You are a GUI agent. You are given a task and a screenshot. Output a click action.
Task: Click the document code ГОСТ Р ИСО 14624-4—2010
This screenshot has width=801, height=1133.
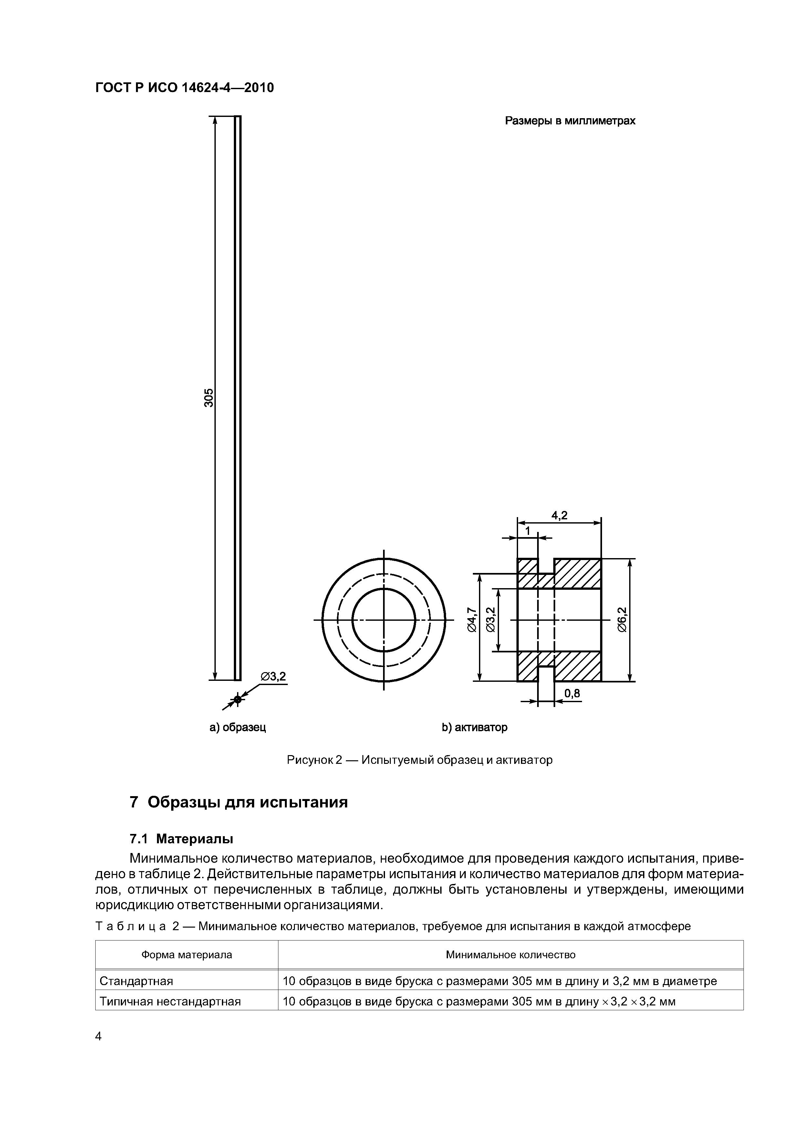pyautogui.click(x=184, y=88)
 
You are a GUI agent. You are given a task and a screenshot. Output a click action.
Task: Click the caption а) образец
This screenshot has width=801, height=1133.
pyautogui.click(x=238, y=727)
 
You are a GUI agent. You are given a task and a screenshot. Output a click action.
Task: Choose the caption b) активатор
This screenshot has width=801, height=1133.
pyautogui.click(x=474, y=727)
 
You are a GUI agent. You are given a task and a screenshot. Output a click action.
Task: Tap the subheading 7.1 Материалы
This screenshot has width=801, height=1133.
pyautogui.click(x=181, y=839)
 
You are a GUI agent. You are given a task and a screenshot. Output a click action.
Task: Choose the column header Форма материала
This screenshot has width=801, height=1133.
pyautogui.click(x=187, y=955)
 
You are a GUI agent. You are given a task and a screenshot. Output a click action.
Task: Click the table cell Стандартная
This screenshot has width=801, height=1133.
pyautogui.click(x=136, y=981)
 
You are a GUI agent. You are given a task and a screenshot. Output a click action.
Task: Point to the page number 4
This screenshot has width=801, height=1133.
pyautogui.click(x=98, y=1037)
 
